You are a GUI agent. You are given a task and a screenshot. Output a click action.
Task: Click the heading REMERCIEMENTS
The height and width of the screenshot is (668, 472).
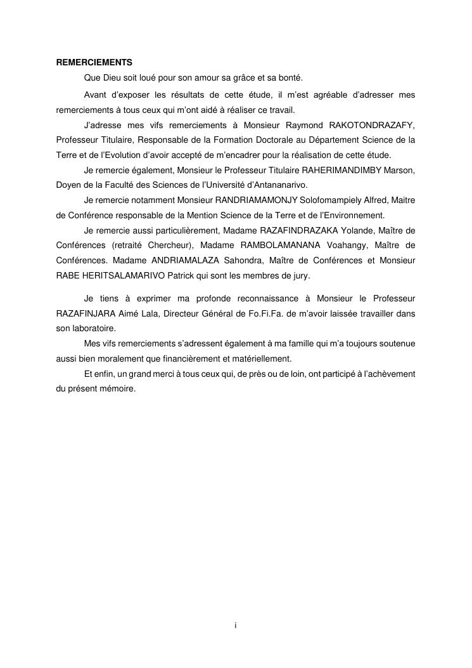94,63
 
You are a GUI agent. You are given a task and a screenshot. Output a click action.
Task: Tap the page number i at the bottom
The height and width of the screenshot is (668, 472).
236,625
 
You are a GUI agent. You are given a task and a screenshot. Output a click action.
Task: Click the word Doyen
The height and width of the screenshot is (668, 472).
67,185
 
